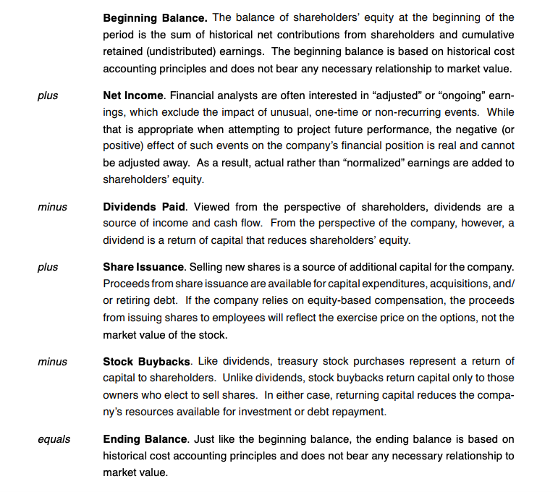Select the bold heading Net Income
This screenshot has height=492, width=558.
coord(132,96)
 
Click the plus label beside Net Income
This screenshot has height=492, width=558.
coord(48,96)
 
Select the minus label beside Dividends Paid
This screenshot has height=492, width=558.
coord(52,208)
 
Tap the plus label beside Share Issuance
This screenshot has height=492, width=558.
coord(48,268)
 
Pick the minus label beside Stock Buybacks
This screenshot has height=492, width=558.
coord(52,361)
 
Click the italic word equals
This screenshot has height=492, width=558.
coord(54,439)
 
